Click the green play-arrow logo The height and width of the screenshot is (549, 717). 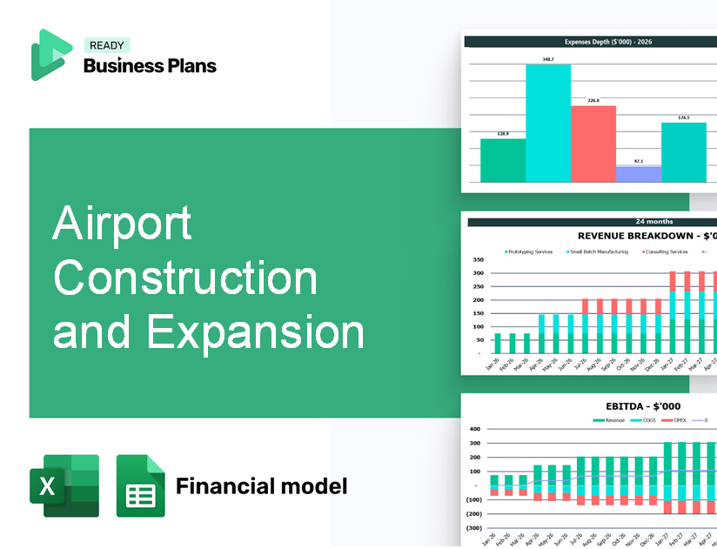click(x=50, y=54)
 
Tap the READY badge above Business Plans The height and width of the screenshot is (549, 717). click(x=106, y=45)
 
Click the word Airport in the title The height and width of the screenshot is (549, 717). click(x=122, y=225)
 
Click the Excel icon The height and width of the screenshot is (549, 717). click(x=64, y=485)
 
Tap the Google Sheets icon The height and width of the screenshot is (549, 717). click(x=140, y=485)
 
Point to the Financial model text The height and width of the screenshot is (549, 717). click(x=261, y=485)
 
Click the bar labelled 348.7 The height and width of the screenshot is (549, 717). click(x=548, y=123)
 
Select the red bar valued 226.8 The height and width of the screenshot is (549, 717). click(x=593, y=144)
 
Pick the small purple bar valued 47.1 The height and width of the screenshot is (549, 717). click(x=638, y=174)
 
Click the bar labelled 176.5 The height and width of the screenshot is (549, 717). click(x=683, y=152)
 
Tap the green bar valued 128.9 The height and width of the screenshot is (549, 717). click(x=503, y=160)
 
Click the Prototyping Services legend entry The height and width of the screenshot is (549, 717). click(x=529, y=251)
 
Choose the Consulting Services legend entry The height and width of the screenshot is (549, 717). click(x=666, y=251)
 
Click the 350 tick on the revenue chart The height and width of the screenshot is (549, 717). click(x=477, y=259)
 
